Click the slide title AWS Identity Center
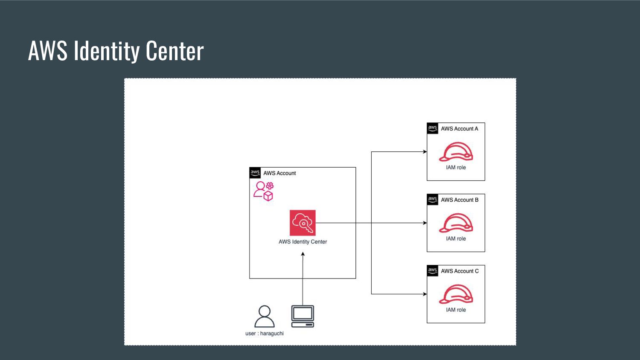point(116,51)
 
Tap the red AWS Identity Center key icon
point(303,223)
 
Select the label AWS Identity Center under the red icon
point(303,242)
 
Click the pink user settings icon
point(263,191)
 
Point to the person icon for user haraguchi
point(265,316)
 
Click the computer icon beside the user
point(303,316)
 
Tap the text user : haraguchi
point(265,334)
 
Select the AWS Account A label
point(460,129)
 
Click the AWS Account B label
point(460,200)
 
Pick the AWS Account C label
point(460,271)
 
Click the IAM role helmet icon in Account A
point(456,152)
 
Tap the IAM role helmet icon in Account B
point(456,223)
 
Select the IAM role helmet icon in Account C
point(456,294)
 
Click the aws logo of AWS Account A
point(433,128)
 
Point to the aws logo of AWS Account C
point(433,271)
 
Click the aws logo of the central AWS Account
point(255,173)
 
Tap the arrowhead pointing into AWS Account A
point(425,152)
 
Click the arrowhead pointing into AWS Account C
point(425,294)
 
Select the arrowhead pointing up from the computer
point(303,254)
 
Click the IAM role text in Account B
point(456,239)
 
